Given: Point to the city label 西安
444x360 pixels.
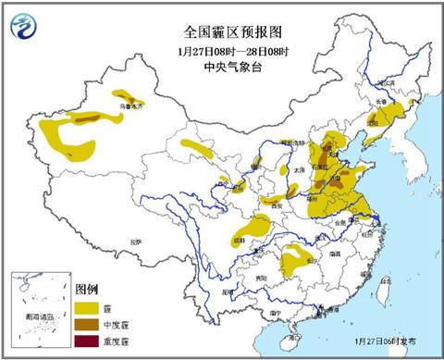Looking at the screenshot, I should [276, 204].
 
